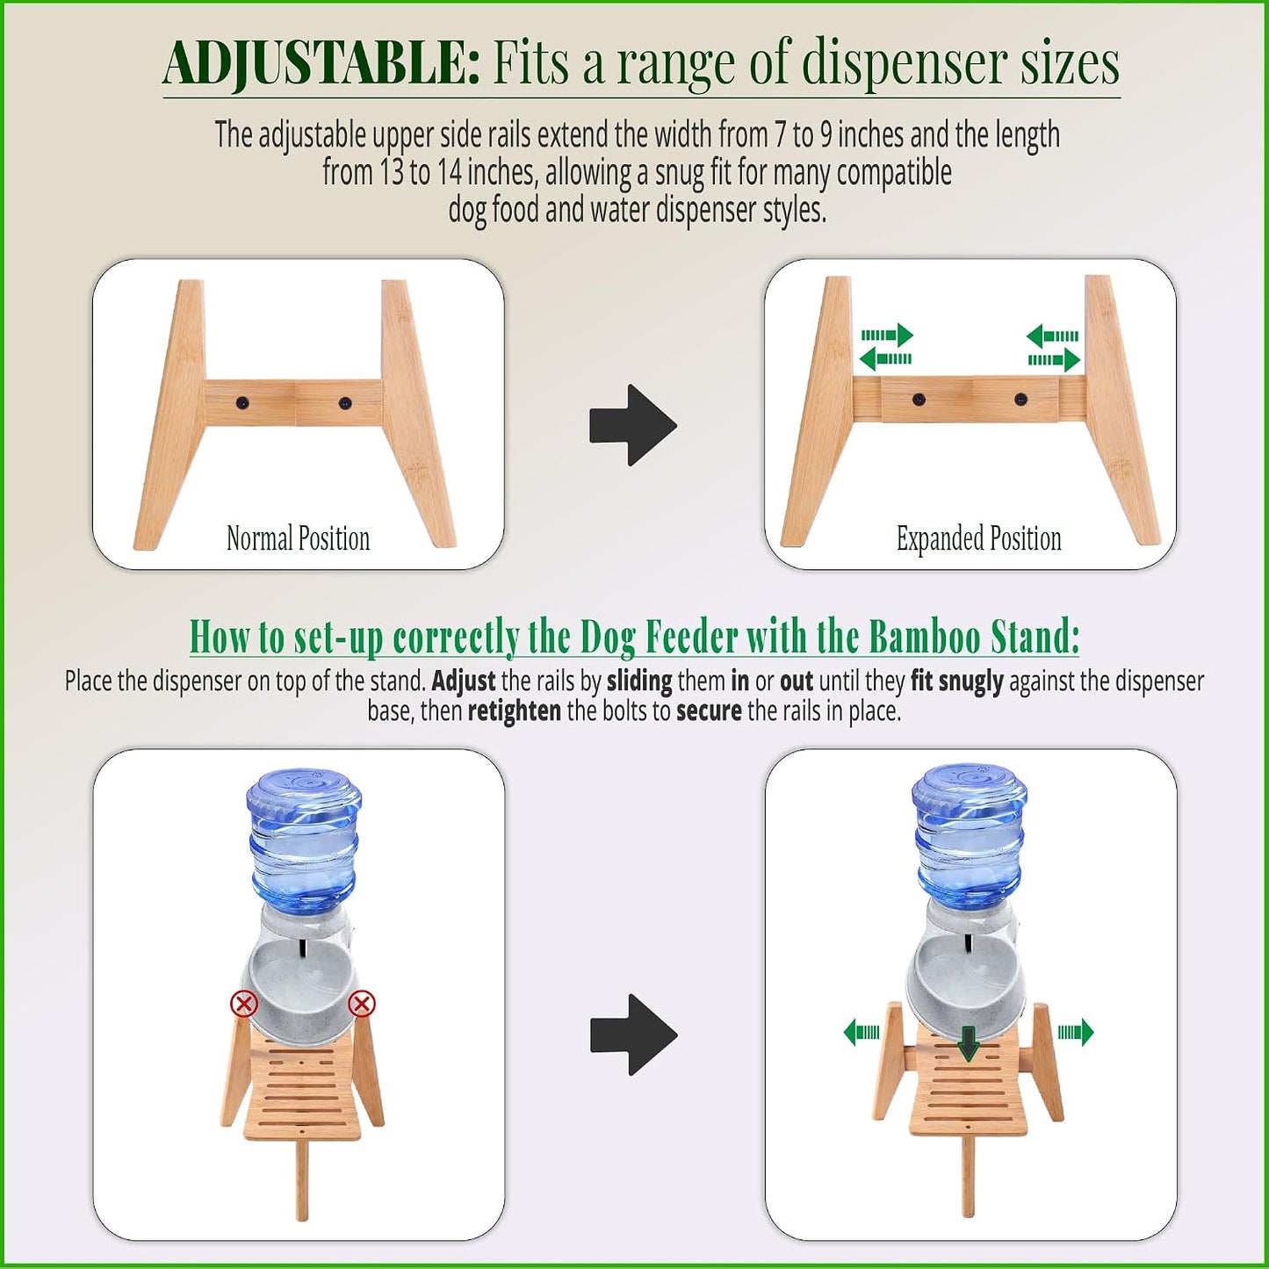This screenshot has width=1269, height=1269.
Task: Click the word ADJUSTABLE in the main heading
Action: [x=321, y=64]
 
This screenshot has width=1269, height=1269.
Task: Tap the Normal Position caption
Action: [x=299, y=538]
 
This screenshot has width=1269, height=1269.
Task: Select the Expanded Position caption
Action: [x=978, y=538]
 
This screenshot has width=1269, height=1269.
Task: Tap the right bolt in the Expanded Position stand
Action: [x=1020, y=399]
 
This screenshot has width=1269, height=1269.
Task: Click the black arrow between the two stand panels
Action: [x=633, y=425]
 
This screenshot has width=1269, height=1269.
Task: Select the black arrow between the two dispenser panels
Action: [x=633, y=1035]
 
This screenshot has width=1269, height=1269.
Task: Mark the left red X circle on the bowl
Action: [x=243, y=1004]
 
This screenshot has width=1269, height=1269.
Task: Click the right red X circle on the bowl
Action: [x=362, y=1004]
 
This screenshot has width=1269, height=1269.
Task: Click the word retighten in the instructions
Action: [x=515, y=711]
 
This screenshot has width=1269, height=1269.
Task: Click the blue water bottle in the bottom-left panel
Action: [x=304, y=840]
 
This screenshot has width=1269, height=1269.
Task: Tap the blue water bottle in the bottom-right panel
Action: [x=970, y=836]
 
